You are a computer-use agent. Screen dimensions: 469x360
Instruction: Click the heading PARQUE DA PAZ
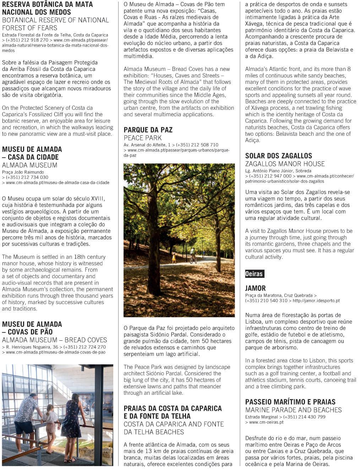pos(148,130)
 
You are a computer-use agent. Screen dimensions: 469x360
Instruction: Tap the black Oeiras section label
pos(254,274)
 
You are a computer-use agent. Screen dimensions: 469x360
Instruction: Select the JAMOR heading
pos(255,288)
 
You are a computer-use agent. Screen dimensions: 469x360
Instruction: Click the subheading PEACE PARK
pos(142,138)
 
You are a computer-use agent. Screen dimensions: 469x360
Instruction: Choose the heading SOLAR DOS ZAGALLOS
pos(278,156)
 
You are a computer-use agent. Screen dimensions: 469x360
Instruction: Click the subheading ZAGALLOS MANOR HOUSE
pos(285,164)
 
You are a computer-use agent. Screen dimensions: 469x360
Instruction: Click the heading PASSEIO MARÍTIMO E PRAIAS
pos(290,402)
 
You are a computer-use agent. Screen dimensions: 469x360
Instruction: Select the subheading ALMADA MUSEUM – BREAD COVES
pos(54,340)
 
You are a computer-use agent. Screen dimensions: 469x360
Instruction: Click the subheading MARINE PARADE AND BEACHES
pos(293,410)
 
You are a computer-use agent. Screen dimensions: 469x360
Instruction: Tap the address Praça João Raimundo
pos(23,172)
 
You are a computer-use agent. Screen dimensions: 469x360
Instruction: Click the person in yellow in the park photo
pos(174,258)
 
